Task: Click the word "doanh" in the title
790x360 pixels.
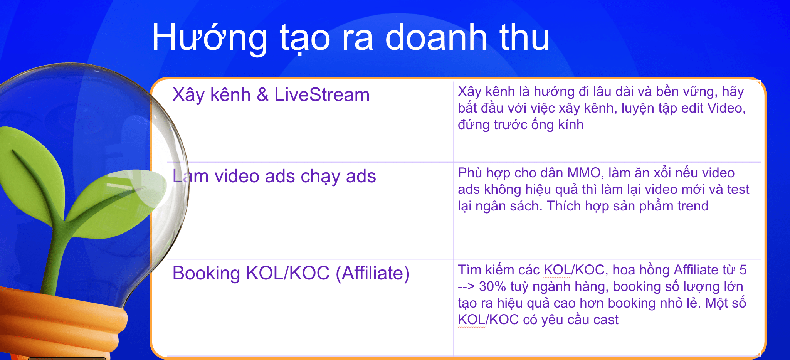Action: pyautogui.click(x=436, y=37)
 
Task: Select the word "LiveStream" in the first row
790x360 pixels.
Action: pyautogui.click(x=322, y=94)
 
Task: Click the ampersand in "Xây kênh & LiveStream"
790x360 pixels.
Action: pyautogui.click(x=262, y=94)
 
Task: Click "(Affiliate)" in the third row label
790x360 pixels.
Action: pyautogui.click(x=373, y=274)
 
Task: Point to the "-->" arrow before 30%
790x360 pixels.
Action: pyautogui.click(x=466, y=287)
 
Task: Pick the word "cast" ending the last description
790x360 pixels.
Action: pyautogui.click(x=606, y=320)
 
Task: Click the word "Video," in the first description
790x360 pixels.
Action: pyautogui.click(x=727, y=108)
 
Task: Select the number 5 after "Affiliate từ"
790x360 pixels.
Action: pyautogui.click(x=743, y=270)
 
